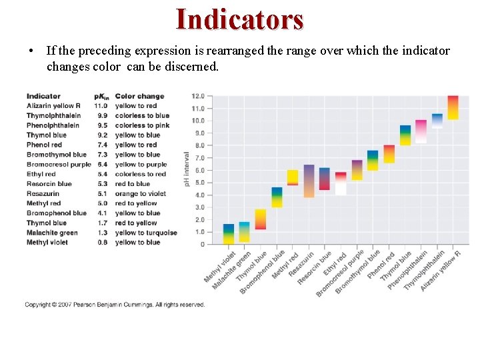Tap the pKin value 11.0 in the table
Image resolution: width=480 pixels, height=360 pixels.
[x=101, y=105]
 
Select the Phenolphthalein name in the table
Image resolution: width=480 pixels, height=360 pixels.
[x=53, y=125]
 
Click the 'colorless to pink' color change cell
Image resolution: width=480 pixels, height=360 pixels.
[x=142, y=125]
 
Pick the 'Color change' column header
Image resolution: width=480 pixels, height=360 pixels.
[x=139, y=96]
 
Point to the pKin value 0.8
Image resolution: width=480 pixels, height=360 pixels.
[x=101, y=243]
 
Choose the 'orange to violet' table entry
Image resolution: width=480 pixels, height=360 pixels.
[x=140, y=194]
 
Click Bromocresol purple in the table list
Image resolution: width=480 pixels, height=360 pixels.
[x=59, y=165]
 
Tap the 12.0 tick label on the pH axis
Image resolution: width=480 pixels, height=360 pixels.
[x=198, y=96]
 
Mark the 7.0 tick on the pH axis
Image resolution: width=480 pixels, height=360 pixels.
[x=198, y=158]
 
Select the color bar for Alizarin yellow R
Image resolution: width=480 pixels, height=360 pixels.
[x=453, y=107]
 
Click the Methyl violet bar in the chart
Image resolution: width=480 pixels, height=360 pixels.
[x=229, y=234]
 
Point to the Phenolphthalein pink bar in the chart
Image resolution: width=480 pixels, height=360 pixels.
[x=421, y=131]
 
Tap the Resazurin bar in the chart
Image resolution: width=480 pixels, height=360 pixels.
[x=309, y=181]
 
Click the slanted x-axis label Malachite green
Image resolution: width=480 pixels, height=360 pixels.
[x=232, y=269]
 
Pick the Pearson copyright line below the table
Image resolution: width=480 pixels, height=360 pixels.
[x=115, y=305]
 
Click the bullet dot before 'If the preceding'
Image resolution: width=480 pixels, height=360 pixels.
[x=31, y=51]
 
